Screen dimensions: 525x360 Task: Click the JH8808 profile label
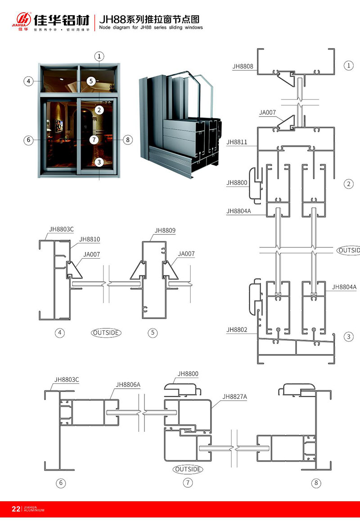coord(243,66)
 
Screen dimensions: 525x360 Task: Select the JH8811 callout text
coord(236,142)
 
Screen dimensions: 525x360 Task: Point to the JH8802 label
coord(237,330)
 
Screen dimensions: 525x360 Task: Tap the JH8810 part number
coord(89,239)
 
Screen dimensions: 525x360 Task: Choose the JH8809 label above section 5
coord(165,230)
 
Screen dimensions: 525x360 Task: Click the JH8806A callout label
coord(128,385)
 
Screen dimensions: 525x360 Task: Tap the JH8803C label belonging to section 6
coord(67,379)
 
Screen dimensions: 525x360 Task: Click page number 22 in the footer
coord(16,509)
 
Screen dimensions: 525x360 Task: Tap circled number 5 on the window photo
coord(92,81)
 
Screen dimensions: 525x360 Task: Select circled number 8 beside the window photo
coord(128,140)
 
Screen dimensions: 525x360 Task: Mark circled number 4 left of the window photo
coord(28,81)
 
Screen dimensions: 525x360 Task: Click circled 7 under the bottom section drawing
coord(188,483)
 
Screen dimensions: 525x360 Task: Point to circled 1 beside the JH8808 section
coord(348,66)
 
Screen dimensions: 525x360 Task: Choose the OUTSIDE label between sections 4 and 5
coord(106,333)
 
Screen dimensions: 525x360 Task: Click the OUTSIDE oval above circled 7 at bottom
coord(188,469)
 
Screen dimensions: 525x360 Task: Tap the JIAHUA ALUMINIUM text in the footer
coord(34,509)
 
